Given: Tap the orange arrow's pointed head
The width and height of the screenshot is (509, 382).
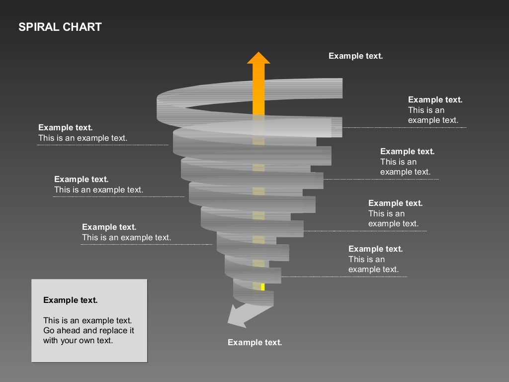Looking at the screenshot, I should pyautogui.click(x=258, y=58).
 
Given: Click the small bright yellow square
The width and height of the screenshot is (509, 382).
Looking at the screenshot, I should pyautogui.click(x=262, y=286).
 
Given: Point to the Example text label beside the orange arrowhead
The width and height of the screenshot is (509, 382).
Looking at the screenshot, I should pyautogui.click(x=355, y=56).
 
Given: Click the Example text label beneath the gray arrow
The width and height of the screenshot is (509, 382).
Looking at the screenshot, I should pyautogui.click(x=254, y=342).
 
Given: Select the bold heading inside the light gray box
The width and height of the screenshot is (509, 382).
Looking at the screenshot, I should pyautogui.click(x=70, y=300).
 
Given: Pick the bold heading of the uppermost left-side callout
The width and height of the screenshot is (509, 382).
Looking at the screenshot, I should pyautogui.click(x=65, y=128).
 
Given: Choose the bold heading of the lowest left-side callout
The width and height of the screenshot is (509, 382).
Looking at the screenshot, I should pyautogui.click(x=109, y=227).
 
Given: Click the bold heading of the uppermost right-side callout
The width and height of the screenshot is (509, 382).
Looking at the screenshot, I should pyautogui.click(x=435, y=99).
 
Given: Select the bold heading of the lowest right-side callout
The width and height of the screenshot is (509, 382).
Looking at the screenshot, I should pyautogui.click(x=375, y=249).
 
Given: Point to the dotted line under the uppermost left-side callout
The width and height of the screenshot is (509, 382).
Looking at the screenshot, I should pyautogui.click(x=102, y=145).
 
